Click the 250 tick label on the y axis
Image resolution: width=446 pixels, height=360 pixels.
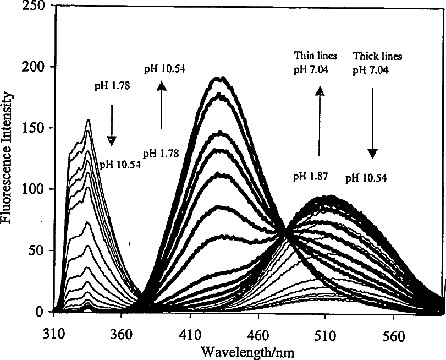tap(34, 6)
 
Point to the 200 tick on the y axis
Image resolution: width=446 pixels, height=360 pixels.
tap(34, 67)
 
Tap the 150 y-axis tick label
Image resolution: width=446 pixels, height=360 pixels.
tap(34, 128)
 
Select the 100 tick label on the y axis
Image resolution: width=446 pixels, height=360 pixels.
tap(34, 189)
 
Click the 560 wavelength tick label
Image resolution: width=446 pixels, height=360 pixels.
tap(394, 336)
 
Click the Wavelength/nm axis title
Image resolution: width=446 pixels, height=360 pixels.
tap(247, 352)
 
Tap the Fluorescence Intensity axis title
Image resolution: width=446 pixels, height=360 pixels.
tap(6, 158)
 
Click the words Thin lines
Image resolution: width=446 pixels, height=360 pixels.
tap(315, 56)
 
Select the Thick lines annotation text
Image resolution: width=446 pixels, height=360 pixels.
tap(378, 56)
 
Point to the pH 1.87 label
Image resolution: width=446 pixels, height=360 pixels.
tap(311, 177)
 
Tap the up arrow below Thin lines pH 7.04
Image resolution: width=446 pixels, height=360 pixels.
tap(320, 121)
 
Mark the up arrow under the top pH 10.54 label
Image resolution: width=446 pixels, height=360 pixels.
tap(162, 105)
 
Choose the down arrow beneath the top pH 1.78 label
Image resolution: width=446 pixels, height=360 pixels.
tap(112, 126)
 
